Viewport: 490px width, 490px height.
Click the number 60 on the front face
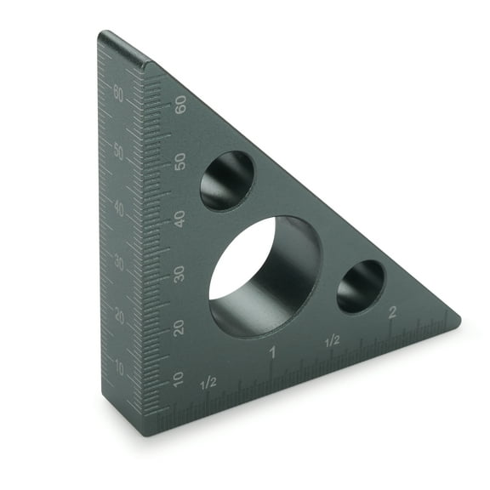[179, 105]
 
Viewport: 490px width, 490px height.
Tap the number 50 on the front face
[179, 161]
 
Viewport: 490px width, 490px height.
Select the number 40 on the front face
[179, 217]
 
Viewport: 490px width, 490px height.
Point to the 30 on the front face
[179, 273]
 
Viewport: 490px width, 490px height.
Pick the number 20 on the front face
[179, 327]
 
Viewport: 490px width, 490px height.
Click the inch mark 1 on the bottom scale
[272, 351]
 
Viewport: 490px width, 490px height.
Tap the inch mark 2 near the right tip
[392, 312]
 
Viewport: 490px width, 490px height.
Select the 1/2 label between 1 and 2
[332, 340]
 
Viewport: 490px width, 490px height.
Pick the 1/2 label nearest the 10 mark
[208, 383]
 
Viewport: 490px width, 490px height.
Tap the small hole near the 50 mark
[227, 180]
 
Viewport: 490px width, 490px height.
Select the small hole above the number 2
[361, 286]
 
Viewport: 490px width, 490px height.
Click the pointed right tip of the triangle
[459, 322]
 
